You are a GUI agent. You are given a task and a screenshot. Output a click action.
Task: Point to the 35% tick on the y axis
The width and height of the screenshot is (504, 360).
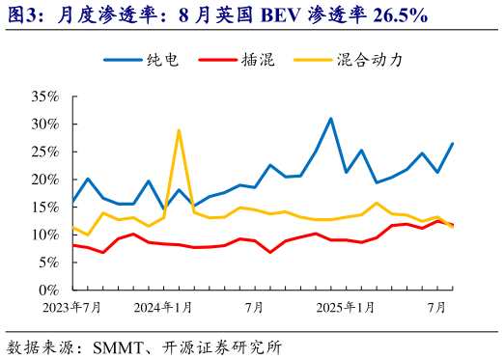pyautogui.click(x=44, y=97)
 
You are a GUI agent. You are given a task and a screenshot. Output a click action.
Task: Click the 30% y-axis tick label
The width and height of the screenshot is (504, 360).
pyautogui.click(x=44, y=125)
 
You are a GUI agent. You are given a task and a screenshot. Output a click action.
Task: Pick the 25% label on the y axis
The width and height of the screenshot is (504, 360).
pyautogui.click(x=44, y=152)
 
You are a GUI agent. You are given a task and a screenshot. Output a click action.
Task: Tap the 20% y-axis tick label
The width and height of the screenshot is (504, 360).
pyautogui.click(x=44, y=180)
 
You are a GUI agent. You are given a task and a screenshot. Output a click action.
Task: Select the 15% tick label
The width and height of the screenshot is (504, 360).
pyautogui.click(x=44, y=208)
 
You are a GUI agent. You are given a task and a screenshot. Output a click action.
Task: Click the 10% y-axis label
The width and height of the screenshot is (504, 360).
pyautogui.click(x=44, y=235)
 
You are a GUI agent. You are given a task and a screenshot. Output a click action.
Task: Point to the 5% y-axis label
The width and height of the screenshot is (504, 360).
pyautogui.click(x=48, y=263)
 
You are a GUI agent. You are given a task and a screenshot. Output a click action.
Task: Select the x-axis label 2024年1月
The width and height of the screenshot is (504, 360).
pyautogui.click(x=161, y=308)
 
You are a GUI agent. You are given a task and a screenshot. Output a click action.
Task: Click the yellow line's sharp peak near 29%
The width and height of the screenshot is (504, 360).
pyautogui.click(x=179, y=129)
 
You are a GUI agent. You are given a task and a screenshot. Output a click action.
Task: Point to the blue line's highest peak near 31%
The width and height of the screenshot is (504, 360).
pyautogui.click(x=331, y=119)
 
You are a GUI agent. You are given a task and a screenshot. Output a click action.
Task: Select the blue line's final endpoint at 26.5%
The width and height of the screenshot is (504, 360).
pyautogui.click(x=453, y=144)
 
